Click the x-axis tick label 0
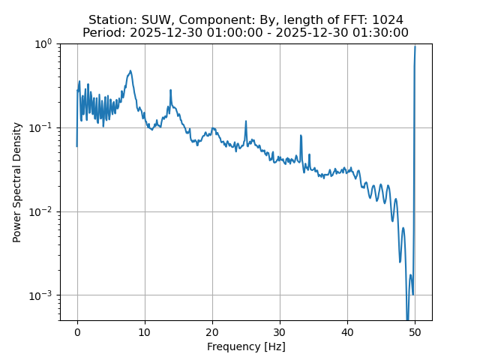click(77, 332)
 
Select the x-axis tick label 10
click(145, 332)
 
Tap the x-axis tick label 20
click(212, 332)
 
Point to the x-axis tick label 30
click(280, 332)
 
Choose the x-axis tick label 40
click(347, 332)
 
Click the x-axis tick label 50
click(415, 332)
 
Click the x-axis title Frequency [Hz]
click(246, 346)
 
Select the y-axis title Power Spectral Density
click(17, 182)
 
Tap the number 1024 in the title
click(388, 20)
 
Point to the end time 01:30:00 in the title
click(380, 33)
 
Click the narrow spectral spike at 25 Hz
click(245, 121)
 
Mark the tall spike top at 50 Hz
click(415, 46)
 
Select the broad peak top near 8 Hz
click(130, 72)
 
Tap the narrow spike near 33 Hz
click(301, 136)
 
